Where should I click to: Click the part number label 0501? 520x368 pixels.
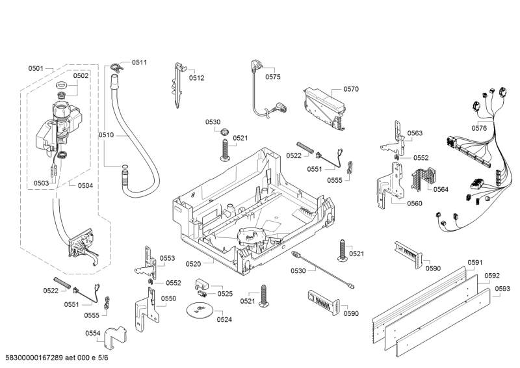click(35, 68)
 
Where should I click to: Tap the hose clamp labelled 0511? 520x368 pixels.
click(116, 65)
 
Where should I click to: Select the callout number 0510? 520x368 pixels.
click(106, 135)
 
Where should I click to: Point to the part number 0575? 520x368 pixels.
click(273, 77)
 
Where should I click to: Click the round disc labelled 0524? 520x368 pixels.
click(198, 310)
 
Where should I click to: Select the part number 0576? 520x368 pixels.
click(479, 129)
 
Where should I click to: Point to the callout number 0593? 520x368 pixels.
click(502, 288)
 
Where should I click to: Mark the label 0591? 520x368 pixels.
click(474, 263)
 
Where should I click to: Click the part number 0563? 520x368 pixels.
click(415, 133)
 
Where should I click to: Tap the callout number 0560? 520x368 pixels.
click(414, 204)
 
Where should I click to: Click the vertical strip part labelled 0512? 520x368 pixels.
click(178, 85)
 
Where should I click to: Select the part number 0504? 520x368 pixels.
click(85, 185)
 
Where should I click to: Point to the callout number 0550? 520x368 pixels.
click(168, 298)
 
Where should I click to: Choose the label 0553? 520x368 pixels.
click(168, 258)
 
